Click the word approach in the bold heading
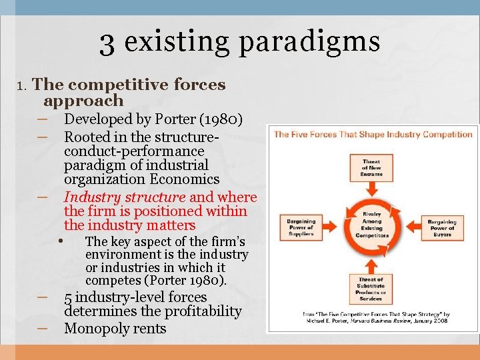(83, 101)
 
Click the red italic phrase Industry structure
(124, 197)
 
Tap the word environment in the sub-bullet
(126, 255)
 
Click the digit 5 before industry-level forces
(68, 297)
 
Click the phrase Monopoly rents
(115, 329)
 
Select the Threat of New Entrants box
(371, 167)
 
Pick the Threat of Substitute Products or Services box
(371, 289)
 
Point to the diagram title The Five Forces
(373, 134)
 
